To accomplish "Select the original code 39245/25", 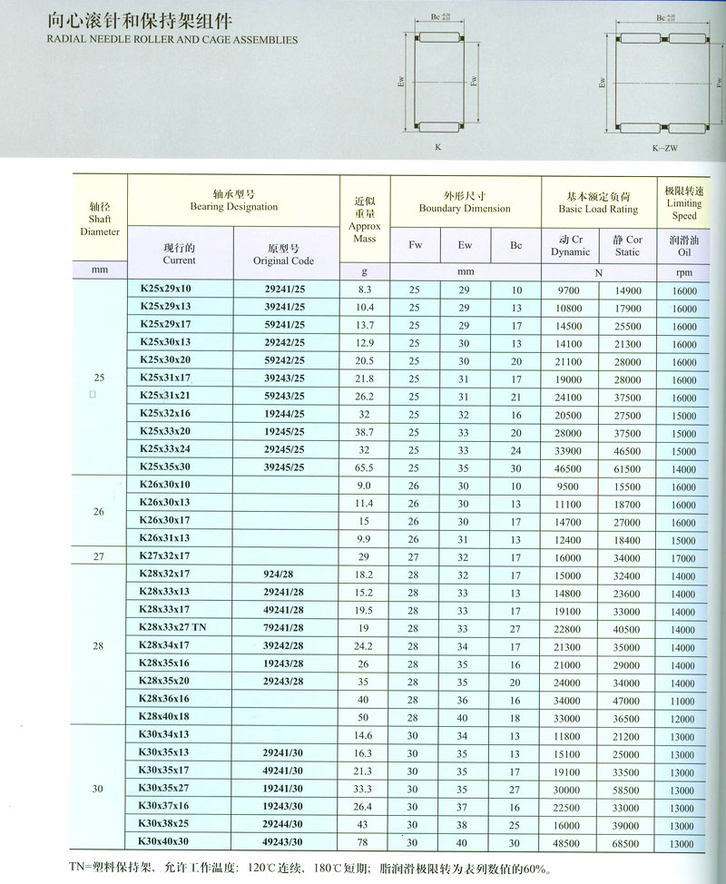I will click(284, 468).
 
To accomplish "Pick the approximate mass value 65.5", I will click(365, 469).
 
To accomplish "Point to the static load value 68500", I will click(626, 843).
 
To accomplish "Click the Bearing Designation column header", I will click(233, 201).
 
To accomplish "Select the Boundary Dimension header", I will click(465, 201).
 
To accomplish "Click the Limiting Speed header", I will click(684, 204).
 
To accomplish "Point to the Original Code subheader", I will click(284, 254).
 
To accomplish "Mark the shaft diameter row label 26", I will click(99, 512).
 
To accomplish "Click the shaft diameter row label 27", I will click(99, 555).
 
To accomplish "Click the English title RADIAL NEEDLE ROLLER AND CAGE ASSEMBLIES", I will click(172, 40).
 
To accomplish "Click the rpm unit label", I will click(684, 271).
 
